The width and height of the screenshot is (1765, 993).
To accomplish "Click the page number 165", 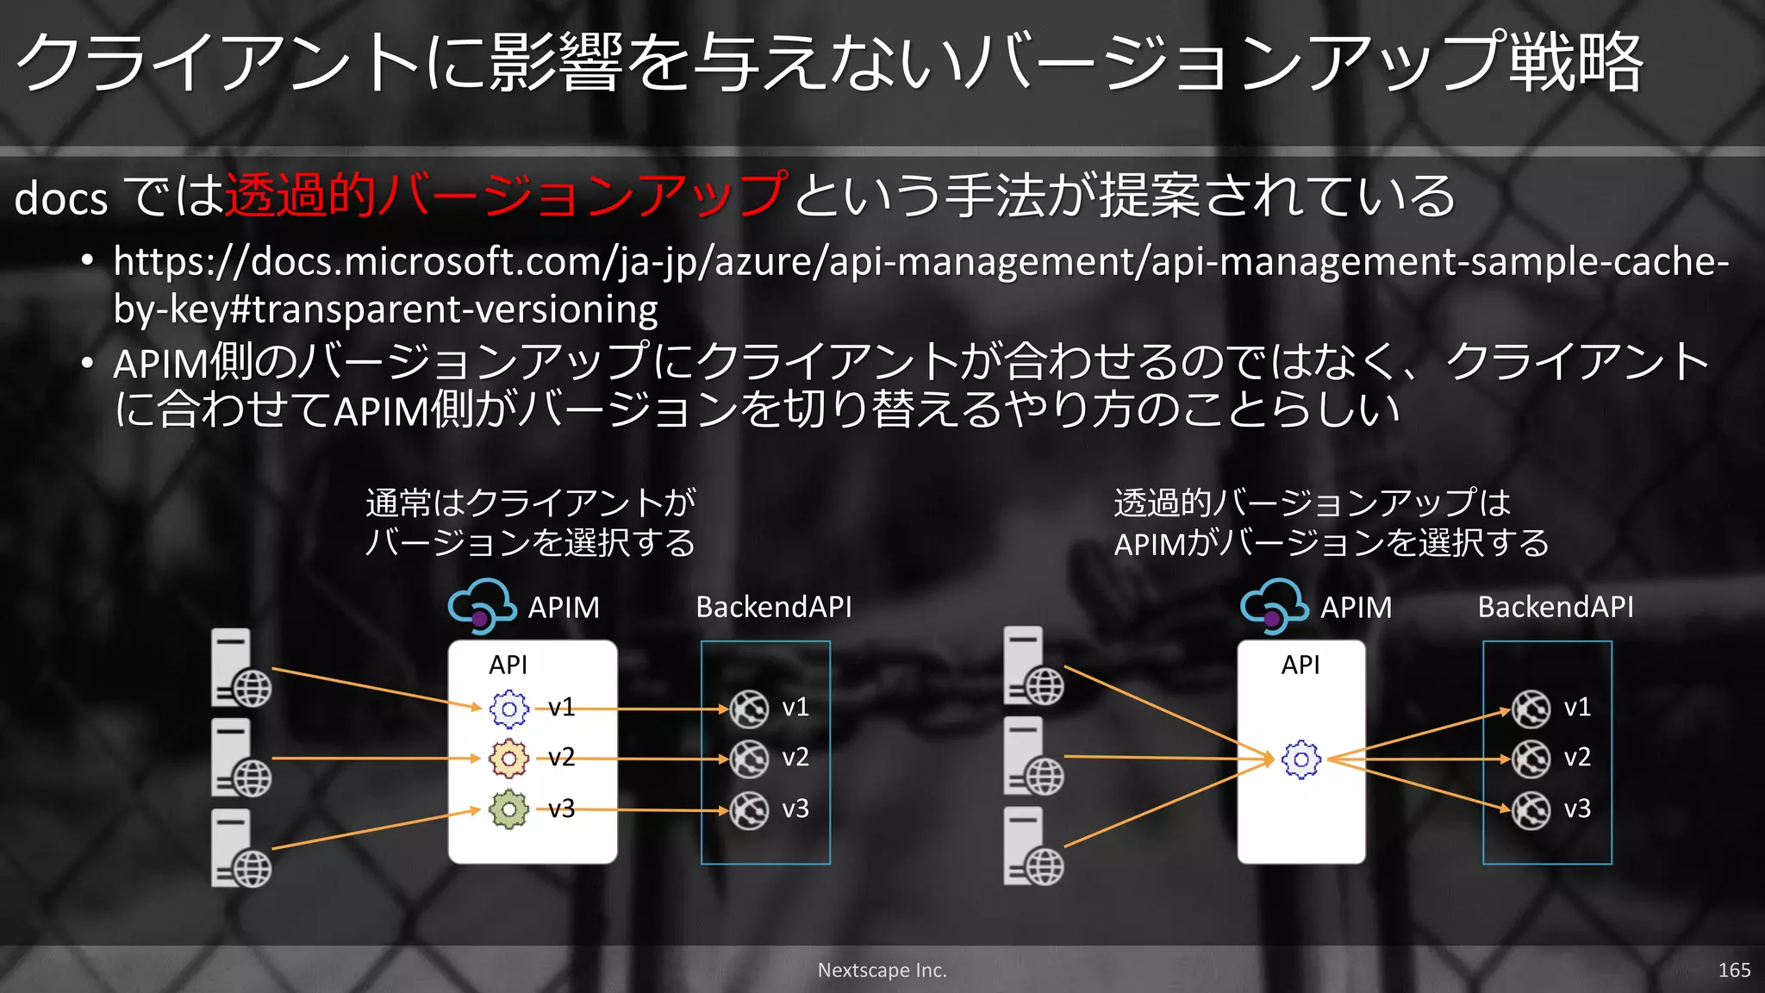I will (1733, 970).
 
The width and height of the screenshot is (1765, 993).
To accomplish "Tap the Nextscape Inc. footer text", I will (882, 970).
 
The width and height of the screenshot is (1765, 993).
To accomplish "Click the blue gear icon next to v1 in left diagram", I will (509, 709).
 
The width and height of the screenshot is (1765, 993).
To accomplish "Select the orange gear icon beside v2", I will (509, 759).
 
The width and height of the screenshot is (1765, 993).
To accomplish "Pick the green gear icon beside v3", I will (509, 809).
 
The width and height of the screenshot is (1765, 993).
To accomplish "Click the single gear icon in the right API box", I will (1301, 759).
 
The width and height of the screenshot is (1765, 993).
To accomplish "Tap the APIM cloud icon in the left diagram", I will (482, 605).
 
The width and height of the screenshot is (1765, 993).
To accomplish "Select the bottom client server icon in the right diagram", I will (1032, 846).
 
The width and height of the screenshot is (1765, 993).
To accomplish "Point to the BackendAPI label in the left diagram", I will (773, 607).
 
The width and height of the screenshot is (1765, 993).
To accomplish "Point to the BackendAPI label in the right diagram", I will (1555, 607).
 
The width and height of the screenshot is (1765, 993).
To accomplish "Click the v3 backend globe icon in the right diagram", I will (1531, 810).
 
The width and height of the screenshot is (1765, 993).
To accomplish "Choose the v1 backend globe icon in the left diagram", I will (749, 709).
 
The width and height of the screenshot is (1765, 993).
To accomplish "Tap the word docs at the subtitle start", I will (61, 199).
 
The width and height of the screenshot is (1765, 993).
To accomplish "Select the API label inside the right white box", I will (1300, 665).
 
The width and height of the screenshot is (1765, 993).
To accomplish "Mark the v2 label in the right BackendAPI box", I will (1577, 757).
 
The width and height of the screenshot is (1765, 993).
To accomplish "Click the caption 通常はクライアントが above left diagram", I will (530, 503).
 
